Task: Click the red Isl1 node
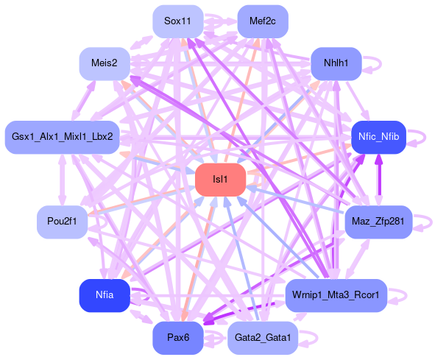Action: [221, 180]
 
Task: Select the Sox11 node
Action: [178, 21]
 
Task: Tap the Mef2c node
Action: [263, 21]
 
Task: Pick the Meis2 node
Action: [105, 63]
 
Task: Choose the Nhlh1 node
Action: [336, 63]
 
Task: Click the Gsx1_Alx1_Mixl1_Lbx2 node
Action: [63, 137]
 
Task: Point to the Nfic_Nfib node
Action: [378, 137]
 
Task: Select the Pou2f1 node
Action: [62, 222]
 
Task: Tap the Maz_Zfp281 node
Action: [378, 222]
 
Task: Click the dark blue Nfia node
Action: [105, 296]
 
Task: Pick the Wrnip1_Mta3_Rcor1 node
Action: [336, 296]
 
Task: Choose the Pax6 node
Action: [178, 338]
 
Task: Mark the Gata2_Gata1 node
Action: [263, 338]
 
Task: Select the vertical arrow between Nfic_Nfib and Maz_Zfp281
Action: [378, 180]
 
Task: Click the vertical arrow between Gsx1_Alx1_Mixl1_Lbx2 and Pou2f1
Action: [62, 180]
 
